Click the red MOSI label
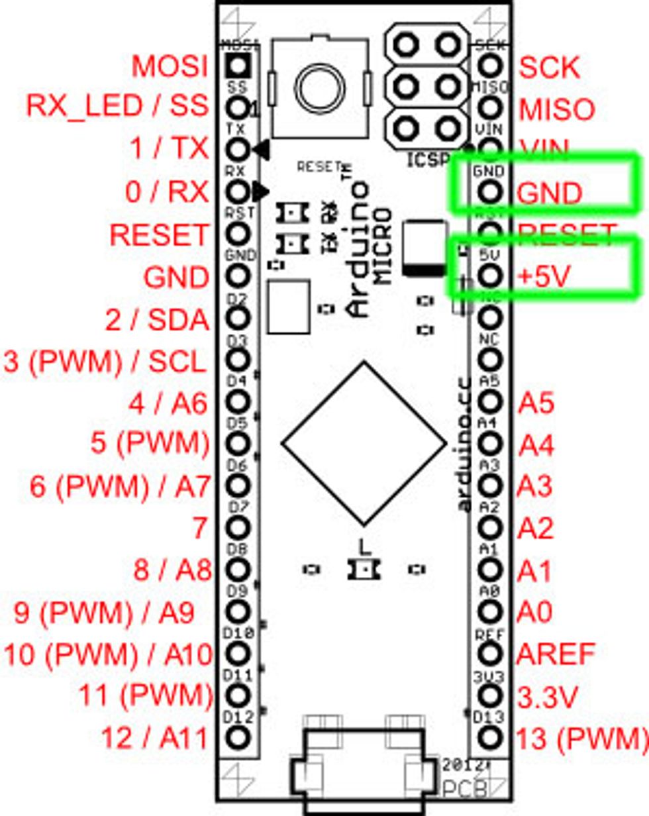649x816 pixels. point(170,67)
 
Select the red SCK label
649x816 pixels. point(550,67)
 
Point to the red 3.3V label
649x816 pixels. point(548,696)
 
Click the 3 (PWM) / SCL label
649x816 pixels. point(105,362)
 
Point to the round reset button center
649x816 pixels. point(319,86)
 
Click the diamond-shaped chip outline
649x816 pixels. point(364,442)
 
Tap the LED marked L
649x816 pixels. point(362,569)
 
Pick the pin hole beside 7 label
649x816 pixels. point(237,528)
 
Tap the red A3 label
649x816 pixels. point(535,486)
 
